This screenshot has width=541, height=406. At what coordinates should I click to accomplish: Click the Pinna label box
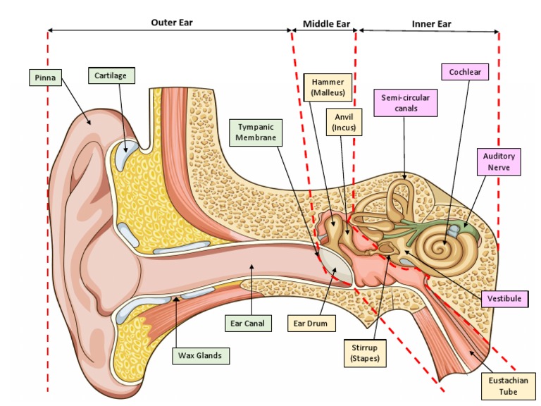click(44, 76)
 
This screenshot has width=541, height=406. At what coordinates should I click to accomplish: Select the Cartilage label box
click(111, 75)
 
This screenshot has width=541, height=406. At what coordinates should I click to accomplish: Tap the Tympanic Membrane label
click(255, 133)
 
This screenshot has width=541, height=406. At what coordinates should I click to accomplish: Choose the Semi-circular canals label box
click(405, 103)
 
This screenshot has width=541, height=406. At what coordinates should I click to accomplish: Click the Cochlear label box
click(464, 72)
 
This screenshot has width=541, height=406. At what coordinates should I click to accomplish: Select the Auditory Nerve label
click(498, 161)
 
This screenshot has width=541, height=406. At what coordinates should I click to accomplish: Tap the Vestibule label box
click(504, 299)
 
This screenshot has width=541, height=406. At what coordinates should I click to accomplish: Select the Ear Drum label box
click(311, 324)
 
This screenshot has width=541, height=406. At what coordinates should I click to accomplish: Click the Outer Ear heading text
click(171, 23)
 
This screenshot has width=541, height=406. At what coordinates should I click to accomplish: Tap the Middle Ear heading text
click(326, 23)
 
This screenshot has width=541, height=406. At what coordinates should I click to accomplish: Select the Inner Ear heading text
click(431, 23)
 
